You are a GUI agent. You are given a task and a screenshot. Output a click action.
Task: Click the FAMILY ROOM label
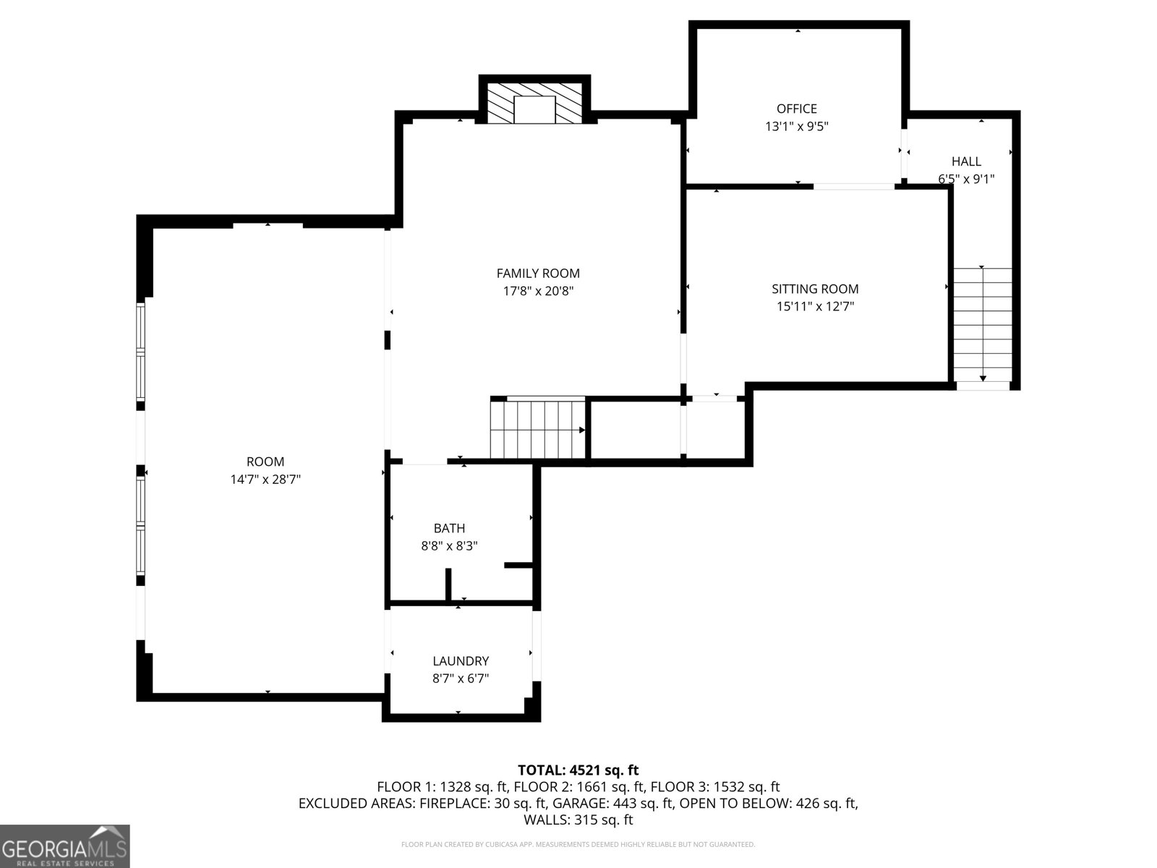[538, 273]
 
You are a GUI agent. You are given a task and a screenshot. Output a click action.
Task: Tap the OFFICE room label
[796, 109]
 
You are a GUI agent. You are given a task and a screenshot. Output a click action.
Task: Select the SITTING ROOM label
[815, 289]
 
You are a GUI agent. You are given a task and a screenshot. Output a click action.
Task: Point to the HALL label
[966, 161]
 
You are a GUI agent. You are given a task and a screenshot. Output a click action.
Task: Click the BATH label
[449, 528]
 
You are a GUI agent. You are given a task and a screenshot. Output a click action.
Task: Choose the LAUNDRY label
[461, 661]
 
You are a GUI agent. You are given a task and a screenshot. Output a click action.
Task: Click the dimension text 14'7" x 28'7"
[265, 479]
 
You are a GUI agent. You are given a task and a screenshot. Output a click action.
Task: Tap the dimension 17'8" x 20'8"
[538, 290]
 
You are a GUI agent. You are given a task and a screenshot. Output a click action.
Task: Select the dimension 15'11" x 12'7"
[815, 306]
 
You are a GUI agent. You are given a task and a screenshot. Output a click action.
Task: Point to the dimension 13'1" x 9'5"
[796, 126]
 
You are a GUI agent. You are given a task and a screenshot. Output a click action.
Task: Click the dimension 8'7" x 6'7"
[461, 678]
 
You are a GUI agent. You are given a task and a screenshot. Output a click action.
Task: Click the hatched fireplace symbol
[534, 103]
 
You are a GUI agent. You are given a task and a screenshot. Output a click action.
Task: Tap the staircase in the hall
[983, 325]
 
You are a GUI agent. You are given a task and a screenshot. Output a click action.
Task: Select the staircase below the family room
[538, 430]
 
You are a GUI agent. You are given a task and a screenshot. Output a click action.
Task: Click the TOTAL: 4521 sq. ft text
[578, 770]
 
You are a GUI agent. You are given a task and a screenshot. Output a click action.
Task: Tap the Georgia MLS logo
[65, 846]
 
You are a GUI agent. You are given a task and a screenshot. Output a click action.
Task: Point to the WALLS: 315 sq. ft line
[578, 820]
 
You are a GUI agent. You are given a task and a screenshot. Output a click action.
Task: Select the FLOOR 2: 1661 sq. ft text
[578, 787]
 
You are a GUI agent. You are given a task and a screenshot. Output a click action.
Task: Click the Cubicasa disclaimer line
[578, 844]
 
